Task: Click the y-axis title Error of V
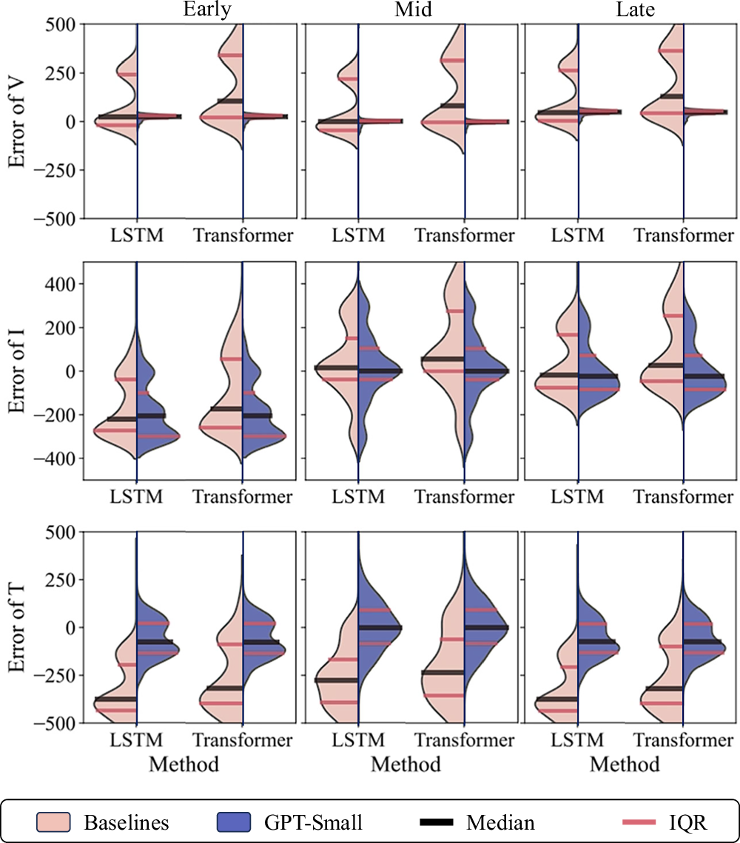coord(18,121)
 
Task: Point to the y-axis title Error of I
coord(18,370)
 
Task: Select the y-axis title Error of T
coord(18,627)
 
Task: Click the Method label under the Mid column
coord(406,764)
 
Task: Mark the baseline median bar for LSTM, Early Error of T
coord(116,699)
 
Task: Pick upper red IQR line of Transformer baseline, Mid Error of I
coord(454,311)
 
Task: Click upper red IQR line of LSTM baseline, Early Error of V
coord(127,74)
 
